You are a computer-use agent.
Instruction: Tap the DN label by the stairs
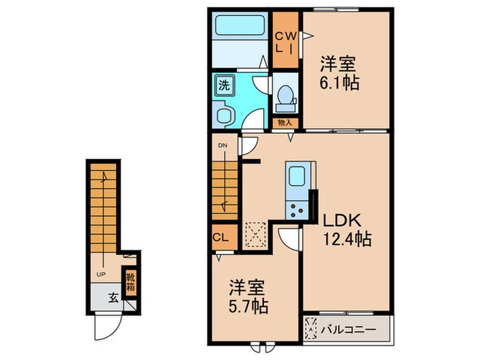(x=223, y=145)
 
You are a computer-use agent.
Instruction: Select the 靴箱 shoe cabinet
(x=130, y=283)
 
